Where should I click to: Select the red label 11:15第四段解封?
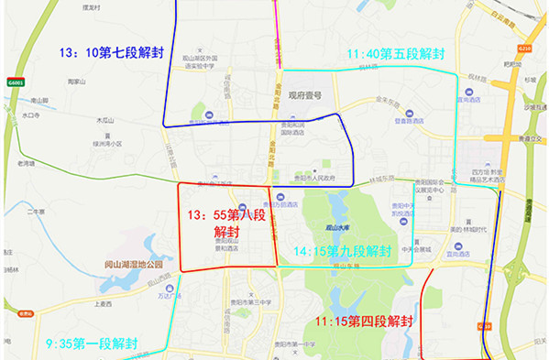click(364, 322)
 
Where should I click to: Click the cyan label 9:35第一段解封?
click(92, 344)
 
